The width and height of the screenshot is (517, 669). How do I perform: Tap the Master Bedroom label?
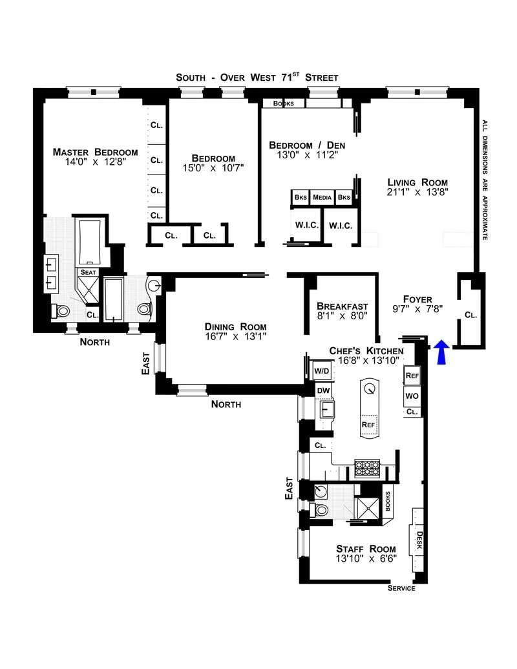click(95, 153)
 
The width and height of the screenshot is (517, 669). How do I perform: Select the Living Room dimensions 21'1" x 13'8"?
click(417, 193)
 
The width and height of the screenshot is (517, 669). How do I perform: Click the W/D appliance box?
click(321, 371)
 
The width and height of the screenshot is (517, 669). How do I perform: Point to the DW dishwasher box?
click(323, 390)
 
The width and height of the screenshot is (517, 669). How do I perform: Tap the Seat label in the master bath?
click(87, 273)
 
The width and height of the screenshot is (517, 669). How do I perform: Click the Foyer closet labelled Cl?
click(470, 315)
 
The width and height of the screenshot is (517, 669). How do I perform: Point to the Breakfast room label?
click(342, 306)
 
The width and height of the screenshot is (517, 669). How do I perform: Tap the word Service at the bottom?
click(401, 588)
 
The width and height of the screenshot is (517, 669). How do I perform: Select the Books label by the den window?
click(283, 103)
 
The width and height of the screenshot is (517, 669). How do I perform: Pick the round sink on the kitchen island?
click(369, 388)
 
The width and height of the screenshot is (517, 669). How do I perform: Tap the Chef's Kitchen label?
click(366, 350)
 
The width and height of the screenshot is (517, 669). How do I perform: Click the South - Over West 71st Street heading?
click(257, 78)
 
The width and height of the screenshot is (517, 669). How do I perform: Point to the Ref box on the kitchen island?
click(368, 424)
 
